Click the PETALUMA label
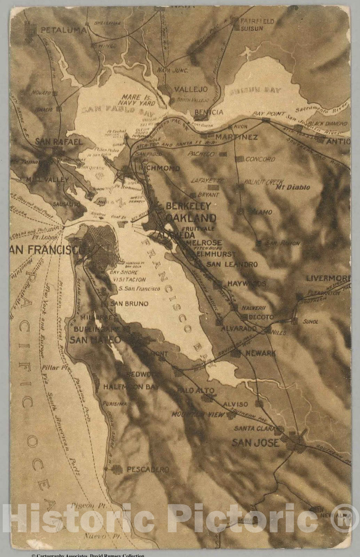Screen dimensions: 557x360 pyautogui.click(x=63, y=30)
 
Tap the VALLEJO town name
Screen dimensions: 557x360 pyautogui.click(x=190, y=89)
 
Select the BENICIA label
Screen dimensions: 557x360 pyautogui.click(x=209, y=112)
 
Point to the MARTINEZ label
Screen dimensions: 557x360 pyautogui.click(x=236, y=137)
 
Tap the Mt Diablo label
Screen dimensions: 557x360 pyautogui.click(x=292, y=187)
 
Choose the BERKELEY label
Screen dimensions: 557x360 pyautogui.click(x=188, y=206)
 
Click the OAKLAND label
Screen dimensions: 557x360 pyautogui.click(x=191, y=218)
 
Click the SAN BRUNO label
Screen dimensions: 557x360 pyautogui.click(x=129, y=304)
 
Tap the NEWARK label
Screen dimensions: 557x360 pyautogui.click(x=260, y=353)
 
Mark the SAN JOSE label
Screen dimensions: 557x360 pyautogui.click(x=255, y=442)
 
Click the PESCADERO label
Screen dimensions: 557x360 pyautogui.click(x=148, y=470)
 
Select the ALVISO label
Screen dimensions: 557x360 pyautogui.click(x=235, y=404)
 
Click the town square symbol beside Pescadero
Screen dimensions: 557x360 pyautogui.click(x=117, y=470)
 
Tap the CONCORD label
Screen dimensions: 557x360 pyautogui.click(x=260, y=159)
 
